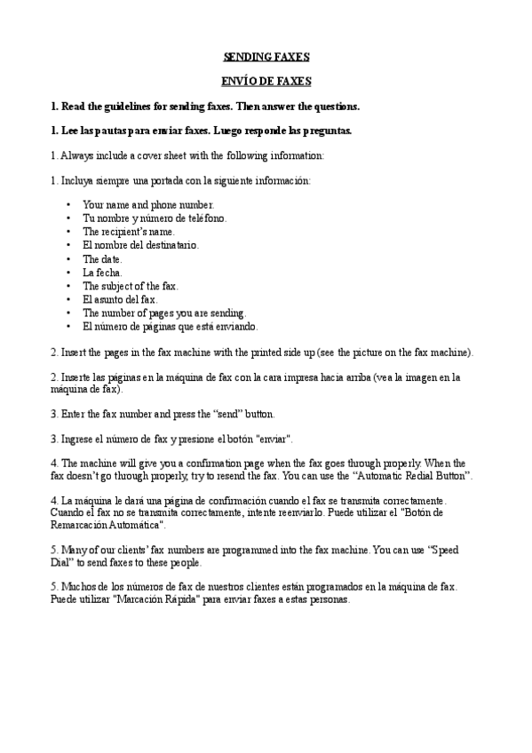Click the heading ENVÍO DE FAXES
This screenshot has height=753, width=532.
point(266,82)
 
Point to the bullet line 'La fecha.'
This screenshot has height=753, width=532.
point(103,272)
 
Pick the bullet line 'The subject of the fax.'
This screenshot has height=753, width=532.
point(131,286)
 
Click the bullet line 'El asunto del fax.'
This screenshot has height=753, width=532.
point(120,299)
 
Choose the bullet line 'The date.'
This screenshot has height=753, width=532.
point(102,258)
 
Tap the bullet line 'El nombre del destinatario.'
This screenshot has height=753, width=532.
point(141,244)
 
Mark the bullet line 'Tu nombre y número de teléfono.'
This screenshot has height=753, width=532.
point(155,218)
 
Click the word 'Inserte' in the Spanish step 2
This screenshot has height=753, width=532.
point(77,376)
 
